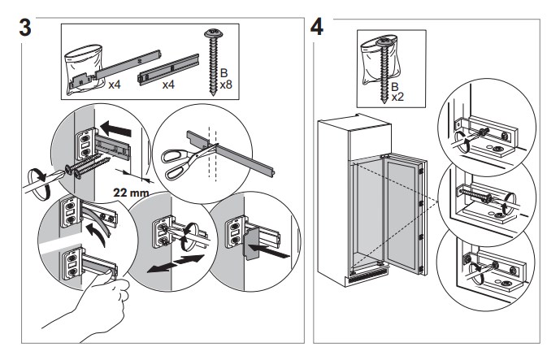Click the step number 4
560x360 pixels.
pyautogui.click(x=319, y=24)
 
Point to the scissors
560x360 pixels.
pyautogui.click(x=180, y=163)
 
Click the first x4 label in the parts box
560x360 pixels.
pyautogui.click(x=114, y=84)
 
